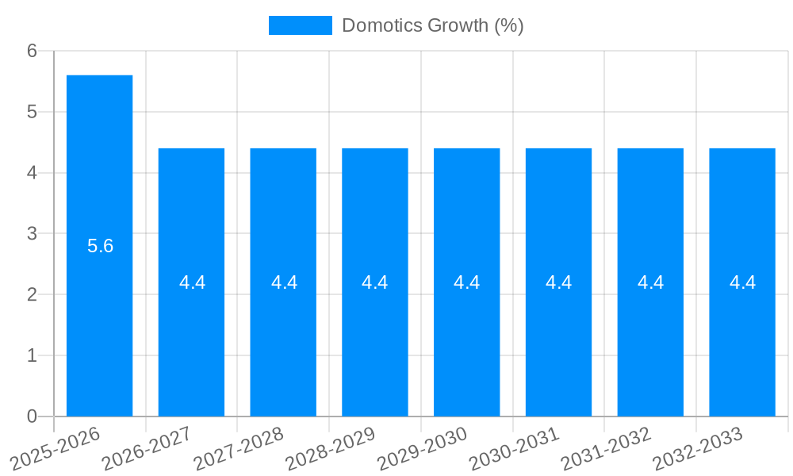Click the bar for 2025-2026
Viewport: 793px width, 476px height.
pyautogui.click(x=99, y=246)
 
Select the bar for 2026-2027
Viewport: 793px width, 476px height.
pyautogui.click(x=191, y=282)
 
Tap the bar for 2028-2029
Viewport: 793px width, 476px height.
pyautogui.click(x=375, y=282)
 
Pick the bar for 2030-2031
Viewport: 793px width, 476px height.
pyautogui.click(x=558, y=282)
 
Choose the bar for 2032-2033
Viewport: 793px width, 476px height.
pyautogui.click(x=742, y=282)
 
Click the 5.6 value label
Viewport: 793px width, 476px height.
pyautogui.click(x=100, y=246)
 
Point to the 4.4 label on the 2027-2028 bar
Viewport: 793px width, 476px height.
pyautogui.click(x=284, y=282)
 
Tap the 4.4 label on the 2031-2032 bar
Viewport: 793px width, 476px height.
pyautogui.click(x=650, y=282)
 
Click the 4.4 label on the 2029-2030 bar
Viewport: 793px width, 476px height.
pyautogui.click(x=467, y=282)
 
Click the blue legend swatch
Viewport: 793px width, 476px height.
pyautogui.click(x=300, y=25)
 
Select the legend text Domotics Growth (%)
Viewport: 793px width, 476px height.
pyautogui.click(x=432, y=25)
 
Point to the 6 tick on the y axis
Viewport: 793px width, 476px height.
pyautogui.click(x=32, y=51)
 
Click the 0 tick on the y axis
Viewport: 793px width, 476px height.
pyautogui.click(x=32, y=416)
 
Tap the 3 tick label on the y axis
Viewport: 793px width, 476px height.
pyautogui.click(x=32, y=234)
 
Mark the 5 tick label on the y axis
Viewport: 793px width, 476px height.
pyautogui.click(x=32, y=112)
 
